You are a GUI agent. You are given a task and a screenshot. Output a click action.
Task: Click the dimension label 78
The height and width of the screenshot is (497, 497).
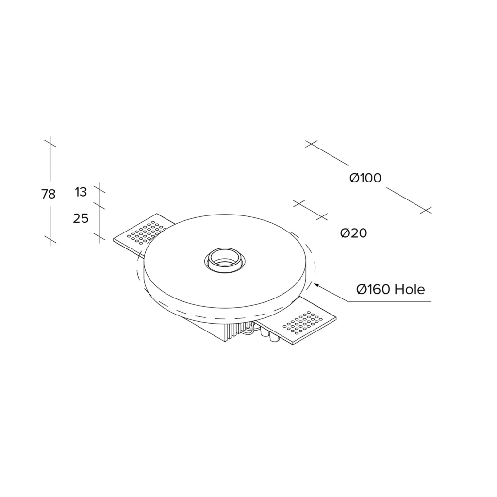tap(49, 194)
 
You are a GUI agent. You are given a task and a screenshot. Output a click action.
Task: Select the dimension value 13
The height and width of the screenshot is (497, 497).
tap(81, 192)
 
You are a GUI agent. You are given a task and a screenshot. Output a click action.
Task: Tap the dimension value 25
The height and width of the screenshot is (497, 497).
tap(81, 218)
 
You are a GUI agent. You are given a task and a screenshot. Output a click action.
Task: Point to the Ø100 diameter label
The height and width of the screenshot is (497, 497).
tap(365, 178)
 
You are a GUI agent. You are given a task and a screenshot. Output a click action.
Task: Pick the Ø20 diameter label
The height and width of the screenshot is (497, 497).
tap(354, 233)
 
